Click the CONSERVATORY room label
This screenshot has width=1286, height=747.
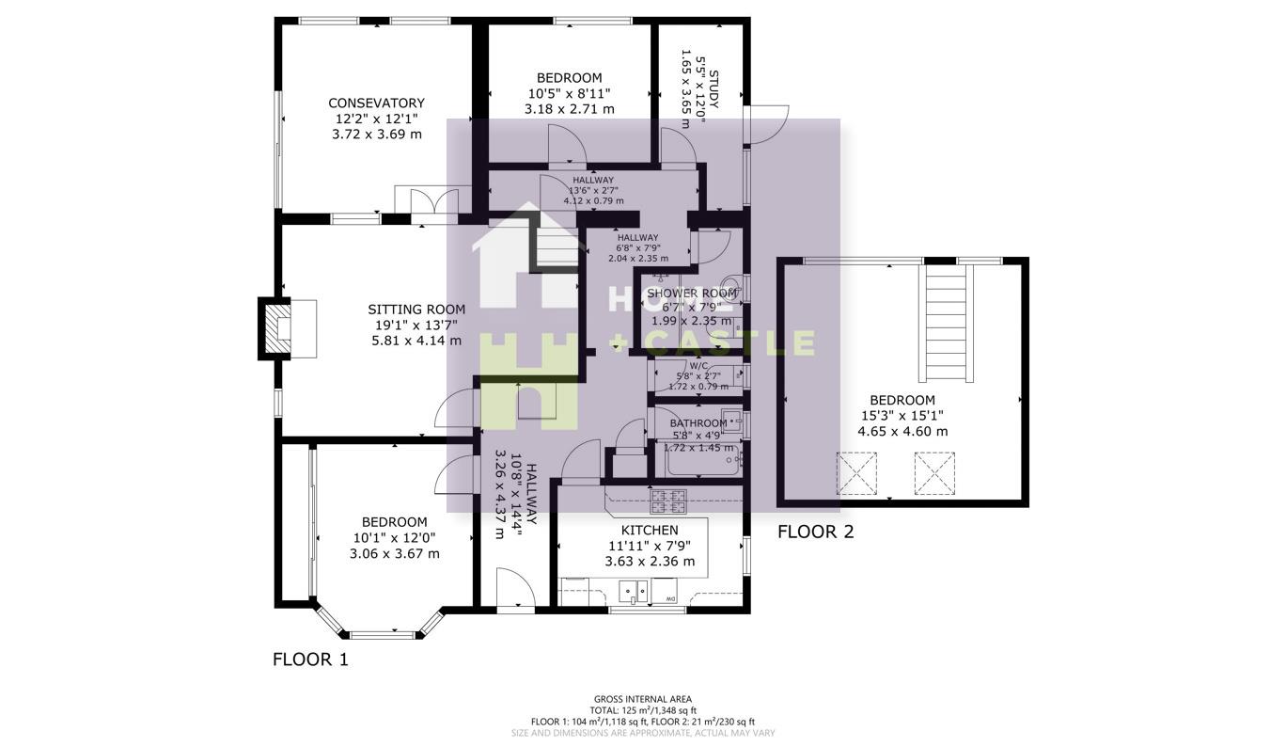[x=376, y=103]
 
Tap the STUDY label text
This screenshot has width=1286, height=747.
[x=713, y=89]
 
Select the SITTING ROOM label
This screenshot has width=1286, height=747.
[x=416, y=309]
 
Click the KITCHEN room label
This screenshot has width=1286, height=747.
[x=650, y=530]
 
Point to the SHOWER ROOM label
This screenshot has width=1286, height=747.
[x=692, y=294]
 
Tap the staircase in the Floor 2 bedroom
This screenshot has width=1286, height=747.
[x=947, y=322]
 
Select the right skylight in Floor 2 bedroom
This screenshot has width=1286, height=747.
[x=934, y=473]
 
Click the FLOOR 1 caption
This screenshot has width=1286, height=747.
[x=310, y=660]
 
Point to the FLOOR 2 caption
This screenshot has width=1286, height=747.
[x=815, y=532]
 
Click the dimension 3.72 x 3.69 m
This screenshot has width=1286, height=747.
[x=376, y=135]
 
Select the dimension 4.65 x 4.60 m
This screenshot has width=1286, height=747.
[x=902, y=432]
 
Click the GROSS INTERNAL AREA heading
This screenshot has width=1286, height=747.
[x=643, y=699]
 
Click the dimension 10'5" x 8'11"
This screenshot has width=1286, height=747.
[x=569, y=93]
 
